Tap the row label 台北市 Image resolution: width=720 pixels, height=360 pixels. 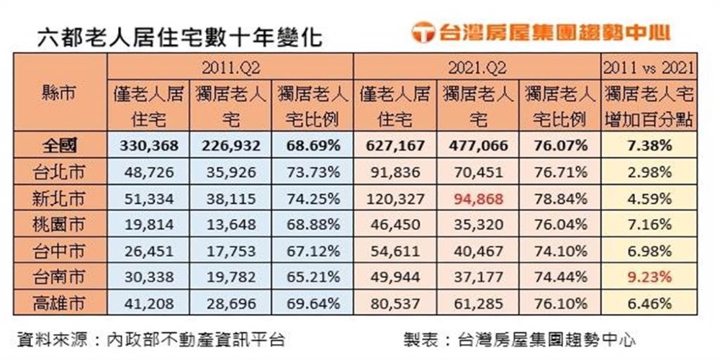pyautogui.click(x=59, y=172)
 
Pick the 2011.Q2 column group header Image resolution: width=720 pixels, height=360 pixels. pyautogui.click(x=230, y=68)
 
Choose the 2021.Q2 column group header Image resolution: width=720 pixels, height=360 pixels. pyautogui.click(x=477, y=68)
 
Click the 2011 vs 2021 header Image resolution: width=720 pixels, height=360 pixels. pyautogui.click(x=649, y=68)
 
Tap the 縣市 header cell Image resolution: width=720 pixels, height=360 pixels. pyautogui.click(x=59, y=94)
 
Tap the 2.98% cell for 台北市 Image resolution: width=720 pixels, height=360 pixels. pyautogui.click(x=649, y=172)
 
